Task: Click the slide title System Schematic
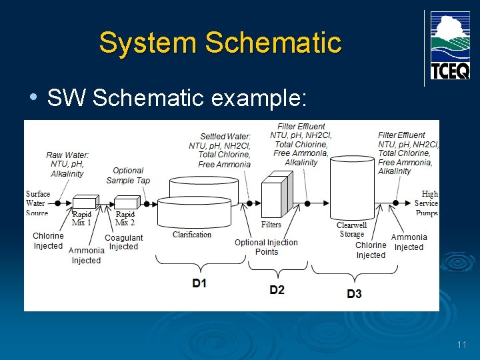pos(220,43)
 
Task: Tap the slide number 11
pos(462,345)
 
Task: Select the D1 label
pos(199,283)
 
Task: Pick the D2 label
pos(277,289)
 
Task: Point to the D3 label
pos(354,293)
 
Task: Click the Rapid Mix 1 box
pos(85,202)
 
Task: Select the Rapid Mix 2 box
pos(127,202)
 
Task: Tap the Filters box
pos(275,197)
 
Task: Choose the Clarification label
pos(192,235)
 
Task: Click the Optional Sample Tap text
pos(128,176)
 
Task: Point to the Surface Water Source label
pos(38,203)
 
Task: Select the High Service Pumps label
pos(426,203)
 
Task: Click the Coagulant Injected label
pos(123,242)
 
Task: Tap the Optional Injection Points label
pos(266,247)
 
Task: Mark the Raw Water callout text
pos(67,165)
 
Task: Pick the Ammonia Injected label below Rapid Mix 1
pos(87,255)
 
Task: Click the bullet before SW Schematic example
pos(33,98)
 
